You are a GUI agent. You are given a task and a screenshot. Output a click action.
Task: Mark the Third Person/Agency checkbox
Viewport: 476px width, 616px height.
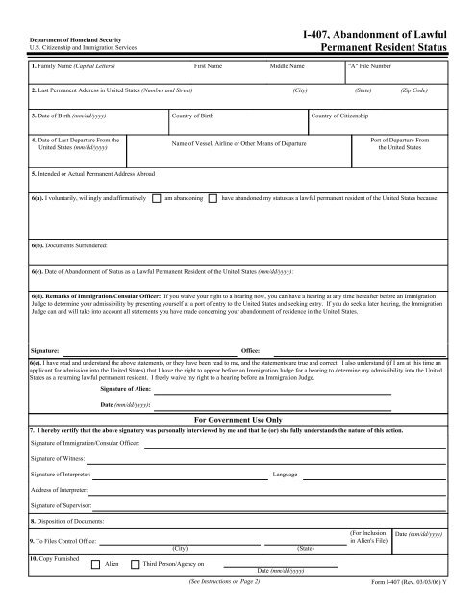(134, 563)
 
